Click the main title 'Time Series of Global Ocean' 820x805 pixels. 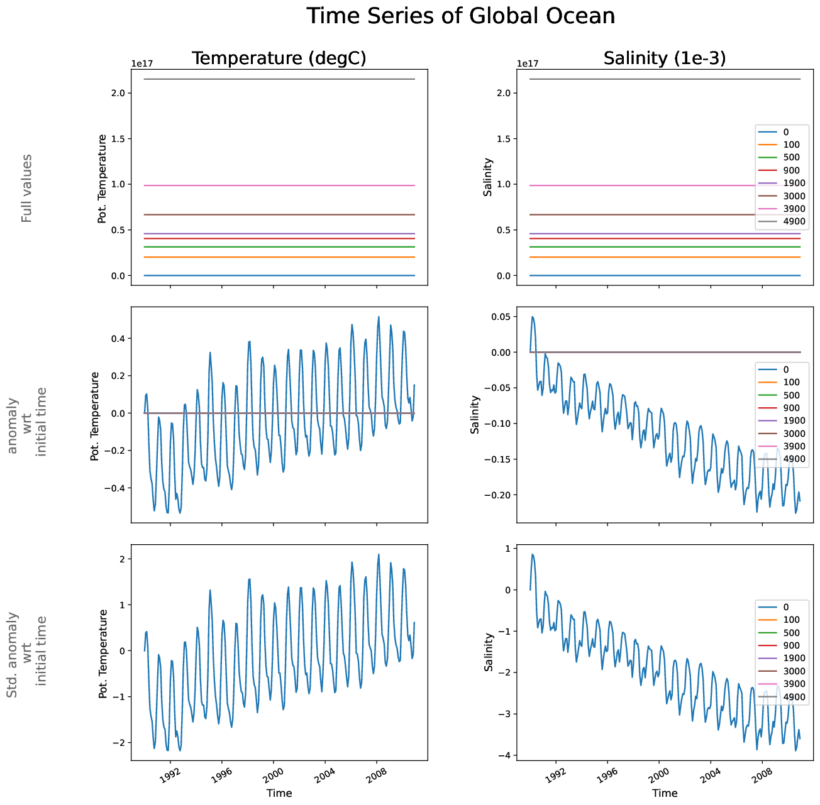click(x=460, y=16)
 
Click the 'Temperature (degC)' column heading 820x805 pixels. click(x=279, y=58)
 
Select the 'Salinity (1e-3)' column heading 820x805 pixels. click(x=664, y=58)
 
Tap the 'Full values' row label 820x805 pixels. click(x=26, y=188)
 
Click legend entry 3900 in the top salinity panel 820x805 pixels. click(x=794, y=209)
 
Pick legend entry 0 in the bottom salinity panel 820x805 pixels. click(x=786, y=607)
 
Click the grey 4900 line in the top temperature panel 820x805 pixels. click(x=279, y=79)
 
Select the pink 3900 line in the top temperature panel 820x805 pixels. click(x=279, y=185)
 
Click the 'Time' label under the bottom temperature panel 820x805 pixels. click(x=279, y=793)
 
